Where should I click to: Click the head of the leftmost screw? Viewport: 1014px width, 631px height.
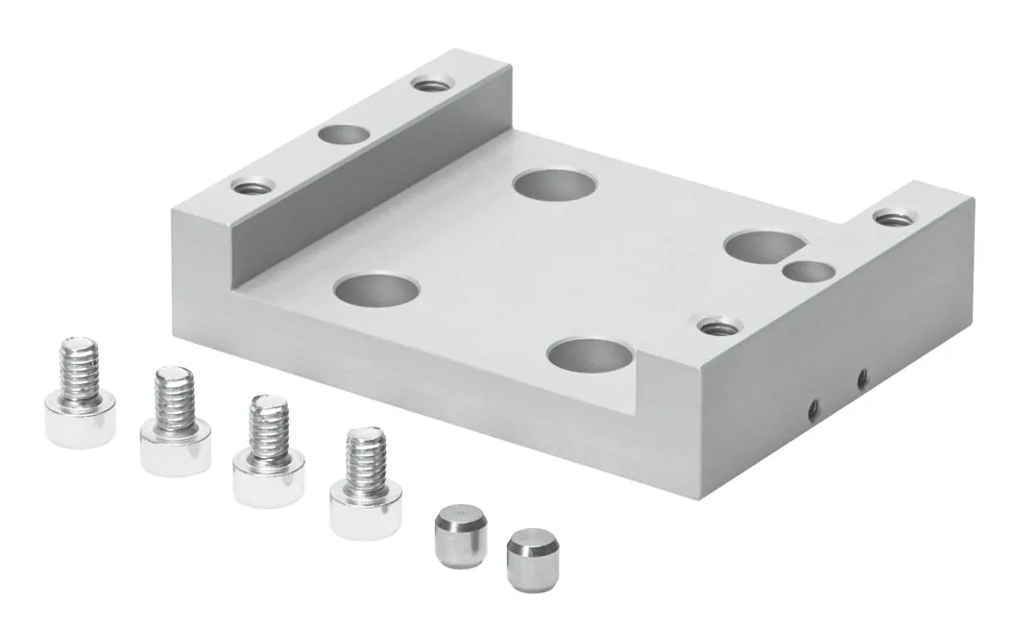[80, 420]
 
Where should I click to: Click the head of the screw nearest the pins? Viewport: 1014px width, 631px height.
[365, 508]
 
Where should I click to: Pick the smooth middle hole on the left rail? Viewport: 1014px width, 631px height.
[345, 133]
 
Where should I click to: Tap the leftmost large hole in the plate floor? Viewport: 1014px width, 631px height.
[375, 287]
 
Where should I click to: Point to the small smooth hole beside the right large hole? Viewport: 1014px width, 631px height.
[805, 273]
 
